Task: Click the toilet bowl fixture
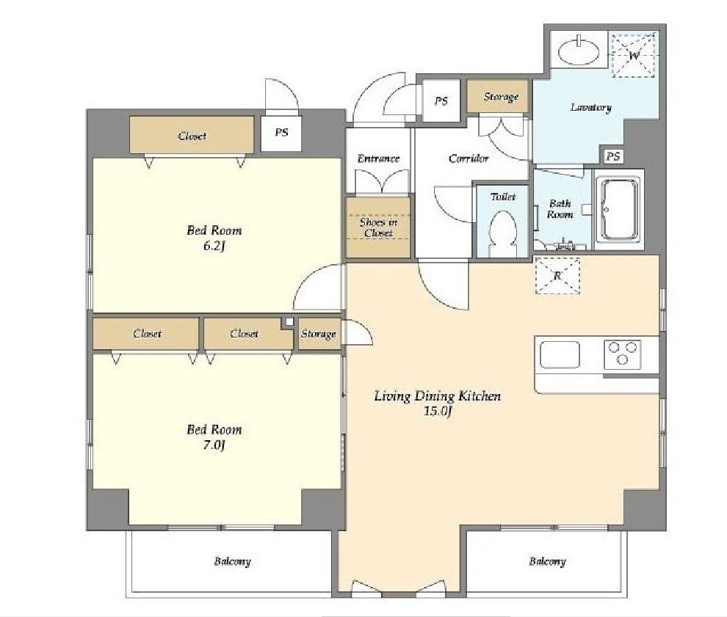pos(503,233)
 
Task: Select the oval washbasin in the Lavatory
pos(579,51)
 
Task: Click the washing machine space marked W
pos(634,55)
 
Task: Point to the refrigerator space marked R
pos(557,276)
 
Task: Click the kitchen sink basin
pos(560,354)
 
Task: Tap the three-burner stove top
pos(622,354)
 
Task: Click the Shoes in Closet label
pos(378,227)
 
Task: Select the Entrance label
pos(378,158)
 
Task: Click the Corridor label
pos(469,158)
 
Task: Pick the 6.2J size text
pos(214,246)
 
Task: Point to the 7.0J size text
pos(214,445)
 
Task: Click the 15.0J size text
pos(437,411)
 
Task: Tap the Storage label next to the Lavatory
pos(501,97)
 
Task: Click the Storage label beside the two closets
pos(318,334)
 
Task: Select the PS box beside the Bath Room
pos(613,156)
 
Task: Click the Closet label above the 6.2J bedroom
pos(192,136)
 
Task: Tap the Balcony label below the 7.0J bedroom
pos(232,561)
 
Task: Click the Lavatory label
pos(590,107)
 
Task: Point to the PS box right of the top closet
pos(281,133)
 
